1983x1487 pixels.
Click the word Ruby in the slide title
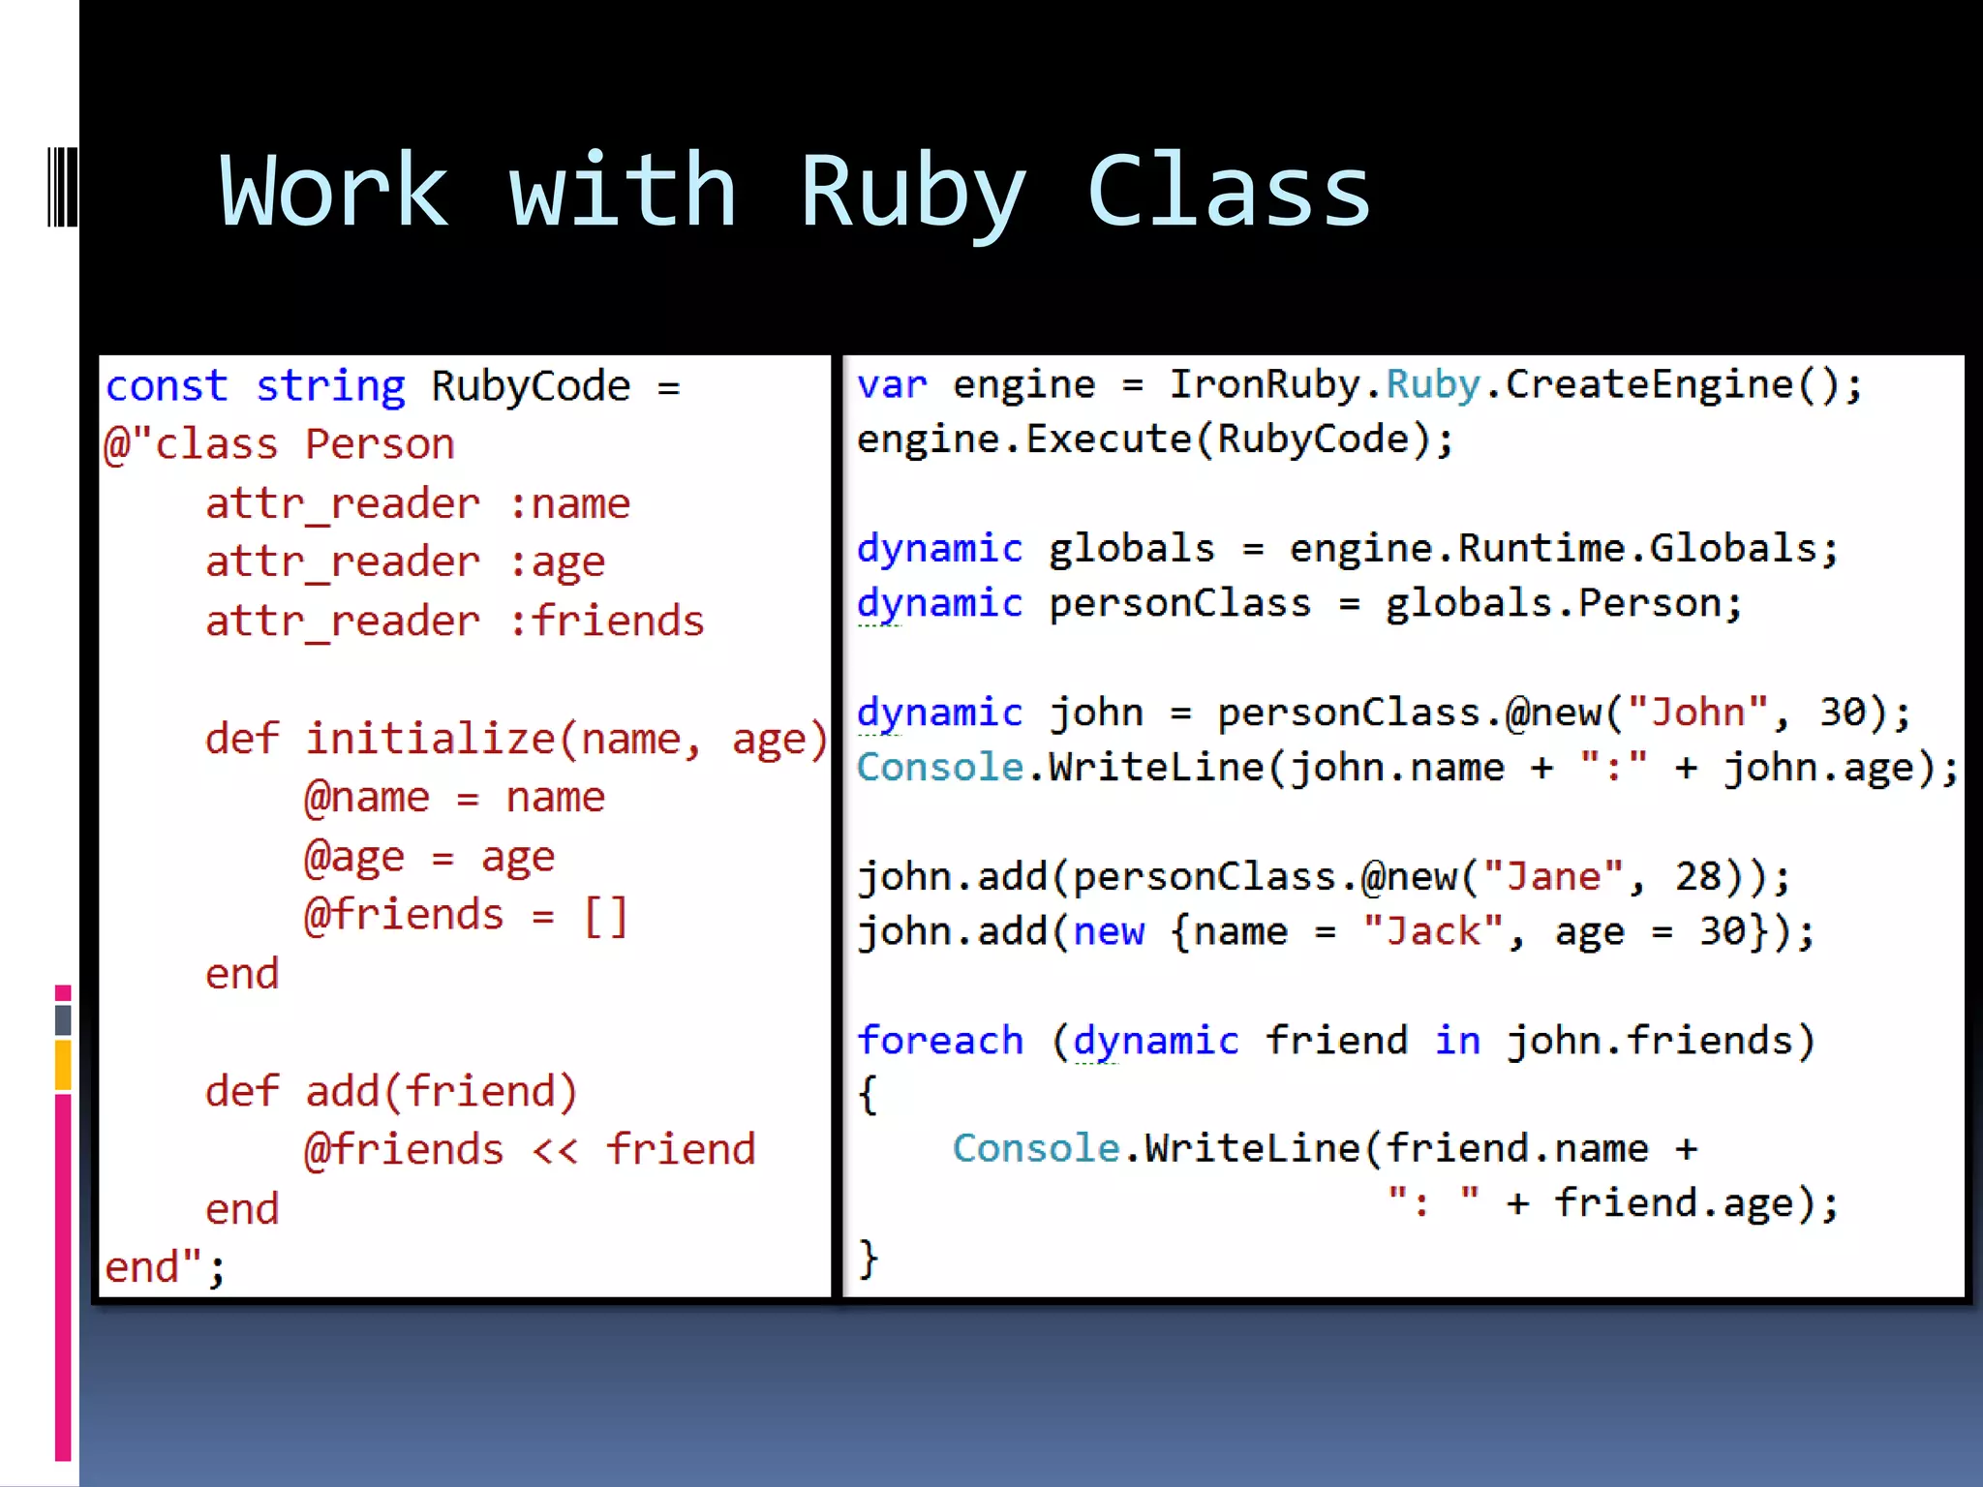click(911, 192)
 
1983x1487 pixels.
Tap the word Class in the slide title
click(1228, 192)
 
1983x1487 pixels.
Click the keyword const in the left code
click(167, 386)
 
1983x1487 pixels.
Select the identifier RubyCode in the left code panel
click(531, 386)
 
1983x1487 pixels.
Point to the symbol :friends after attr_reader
click(606, 621)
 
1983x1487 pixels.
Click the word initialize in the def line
click(430, 739)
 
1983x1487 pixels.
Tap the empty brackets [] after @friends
click(606, 915)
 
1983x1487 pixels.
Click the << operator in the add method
click(555, 1150)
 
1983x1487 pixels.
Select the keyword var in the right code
click(892, 384)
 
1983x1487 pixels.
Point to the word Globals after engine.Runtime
click(1733, 549)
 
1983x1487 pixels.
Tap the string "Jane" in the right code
click(1552, 877)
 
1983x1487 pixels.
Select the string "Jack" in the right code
click(1432, 931)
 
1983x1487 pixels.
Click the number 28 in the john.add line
click(1698, 877)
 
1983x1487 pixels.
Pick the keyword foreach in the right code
click(940, 1041)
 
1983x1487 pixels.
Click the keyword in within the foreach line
click(1457, 1041)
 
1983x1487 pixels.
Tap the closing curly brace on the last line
click(869, 1259)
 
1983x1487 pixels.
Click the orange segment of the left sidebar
click(63, 1065)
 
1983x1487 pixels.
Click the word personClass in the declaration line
click(1179, 604)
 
